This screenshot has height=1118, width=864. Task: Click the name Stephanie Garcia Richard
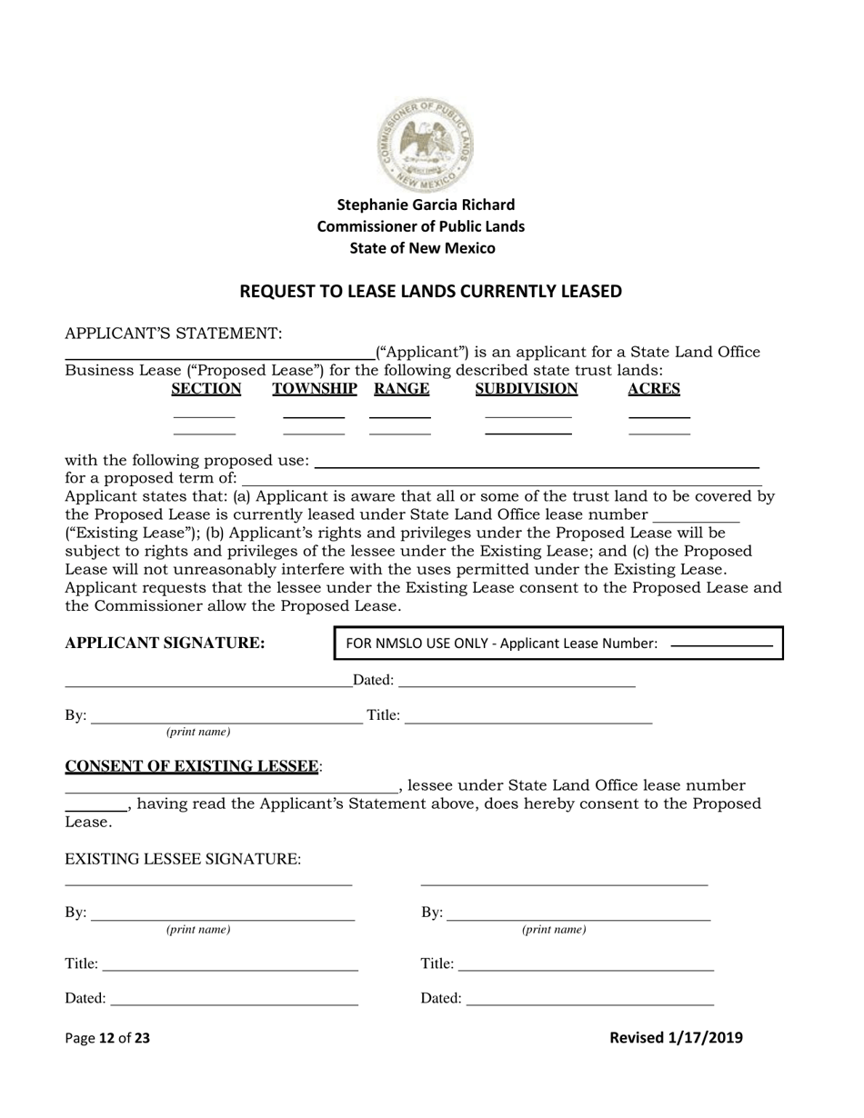(426, 205)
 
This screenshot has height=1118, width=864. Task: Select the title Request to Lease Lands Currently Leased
(430, 292)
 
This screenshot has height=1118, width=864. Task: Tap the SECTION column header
(206, 389)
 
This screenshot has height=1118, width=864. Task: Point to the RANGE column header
(401, 389)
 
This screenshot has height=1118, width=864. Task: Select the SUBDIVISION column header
(527, 389)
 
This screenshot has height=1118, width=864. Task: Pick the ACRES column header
(654, 389)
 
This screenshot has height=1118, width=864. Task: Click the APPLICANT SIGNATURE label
(166, 644)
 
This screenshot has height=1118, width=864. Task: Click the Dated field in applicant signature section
(516, 681)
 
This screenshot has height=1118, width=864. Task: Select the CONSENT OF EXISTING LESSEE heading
(194, 766)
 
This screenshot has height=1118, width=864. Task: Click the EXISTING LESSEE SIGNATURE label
(183, 859)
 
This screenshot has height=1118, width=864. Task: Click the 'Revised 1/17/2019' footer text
(676, 1037)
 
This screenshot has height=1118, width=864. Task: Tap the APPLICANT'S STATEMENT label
(174, 334)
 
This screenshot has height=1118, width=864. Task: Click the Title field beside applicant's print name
(527, 716)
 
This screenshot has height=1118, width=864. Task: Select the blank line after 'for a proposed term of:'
(500, 479)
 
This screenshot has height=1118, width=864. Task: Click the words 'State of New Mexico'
(422, 248)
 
